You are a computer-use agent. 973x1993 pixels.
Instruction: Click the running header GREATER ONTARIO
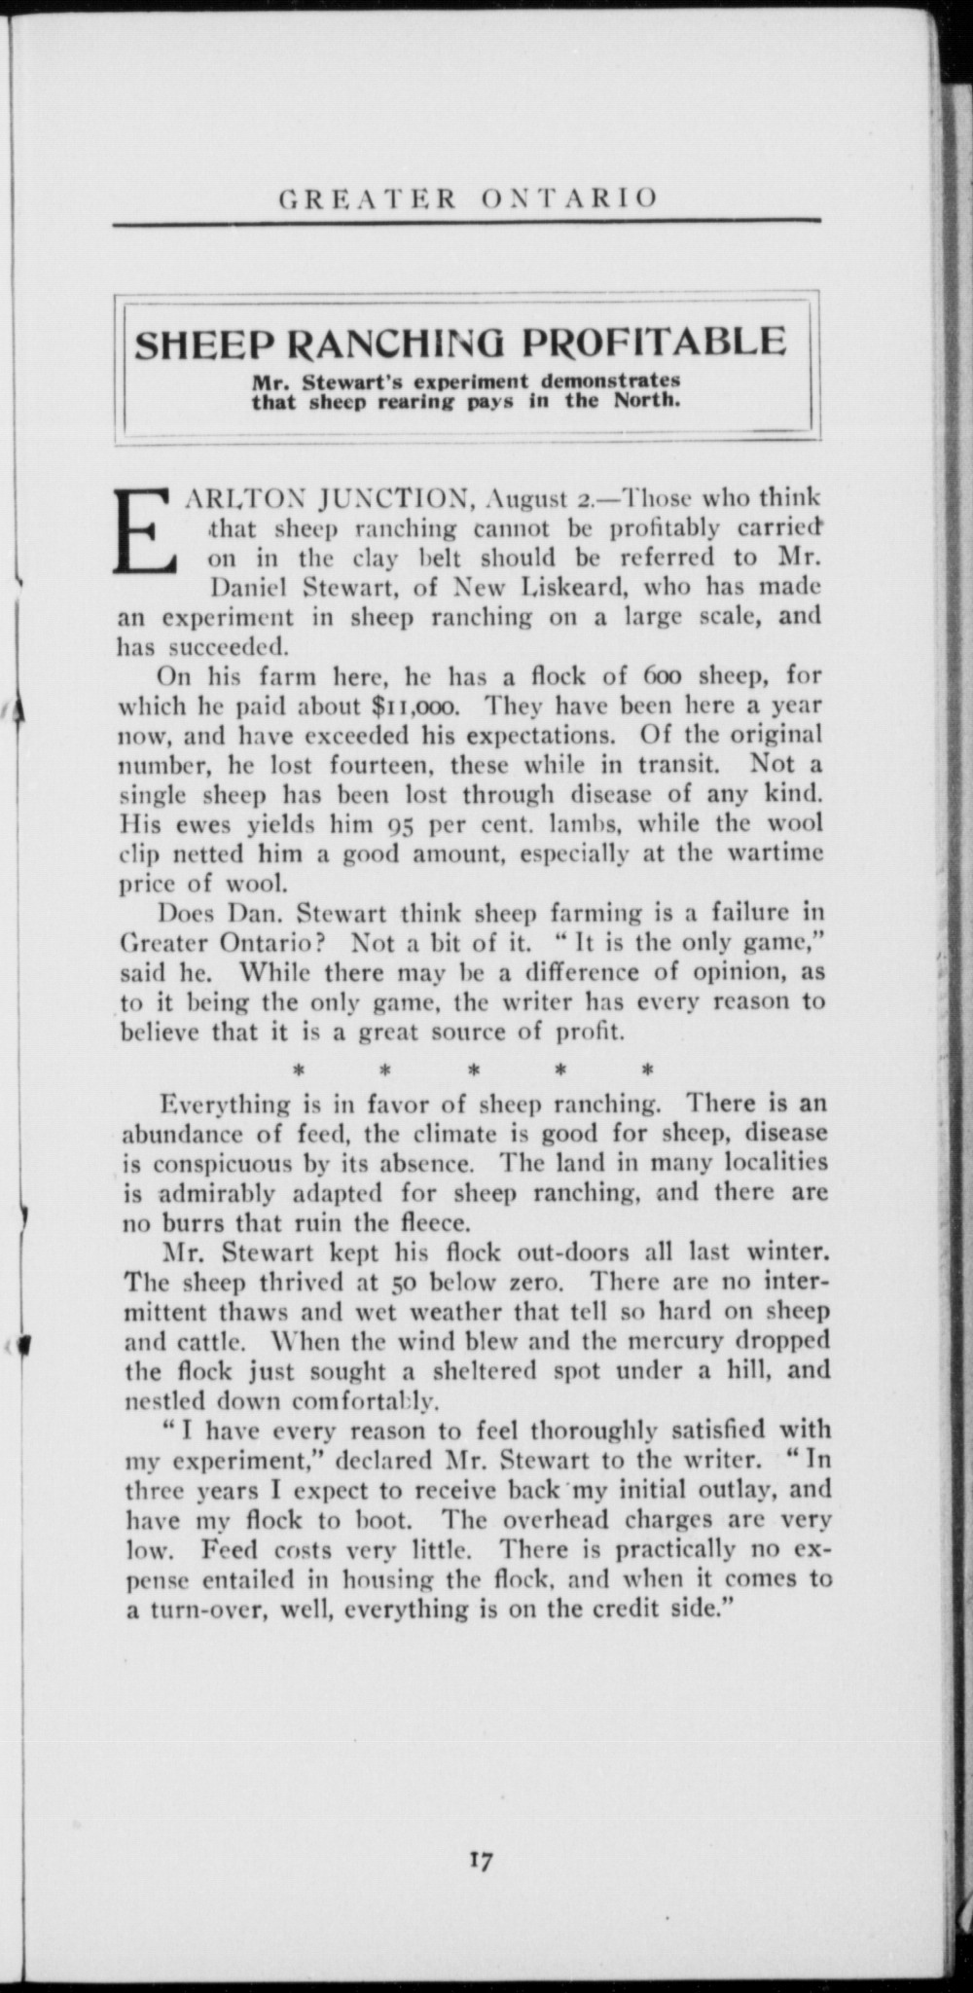(x=468, y=199)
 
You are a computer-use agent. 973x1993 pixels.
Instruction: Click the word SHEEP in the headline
(x=202, y=344)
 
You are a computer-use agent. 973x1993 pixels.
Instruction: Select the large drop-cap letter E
(x=146, y=531)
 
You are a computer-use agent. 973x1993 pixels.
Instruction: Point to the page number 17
(x=480, y=1860)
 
